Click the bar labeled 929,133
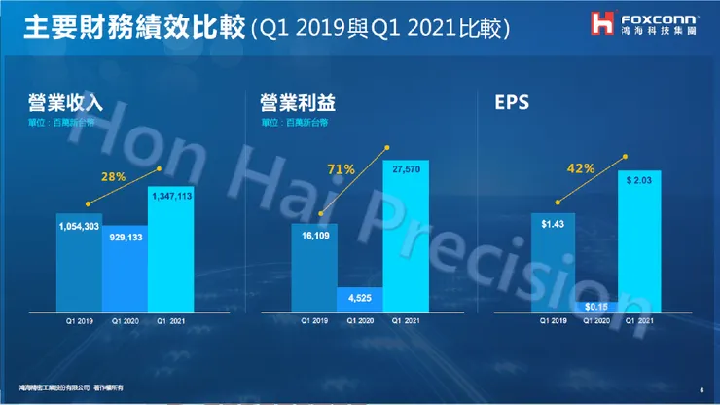[126, 267]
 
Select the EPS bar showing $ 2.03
[639, 243]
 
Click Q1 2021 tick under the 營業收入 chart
[171, 320]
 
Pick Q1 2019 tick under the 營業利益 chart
[314, 320]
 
